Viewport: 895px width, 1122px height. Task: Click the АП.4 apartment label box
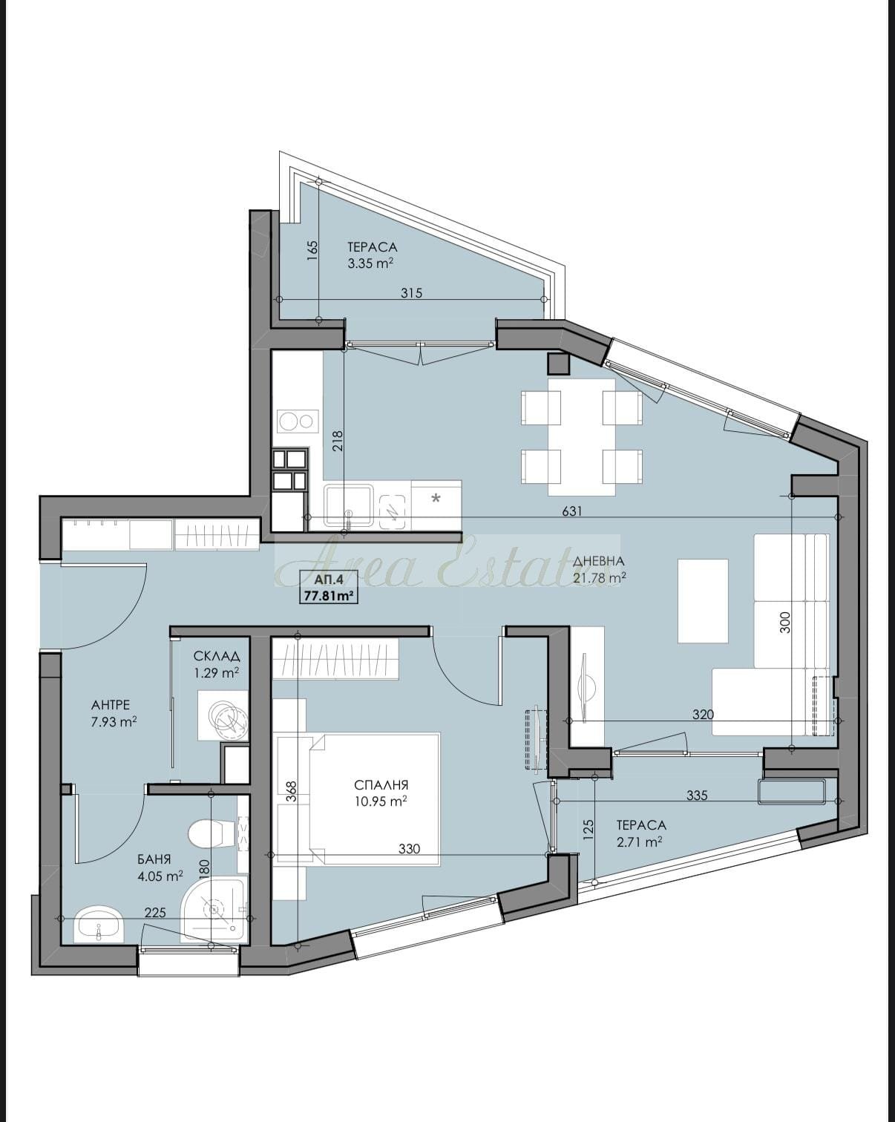pyautogui.click(x=329, y=587)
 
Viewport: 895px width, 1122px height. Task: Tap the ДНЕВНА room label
pyautogui.click(x=598, y=562)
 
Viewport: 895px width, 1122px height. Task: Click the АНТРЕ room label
pyautogui.click(x=111, y=706)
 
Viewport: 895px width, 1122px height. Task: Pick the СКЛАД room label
pyautogui.click(x=217, y=656)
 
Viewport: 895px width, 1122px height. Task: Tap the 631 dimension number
pyautogui.click(x=571, y=511)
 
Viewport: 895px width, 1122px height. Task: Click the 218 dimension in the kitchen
pyautogui.click(x=338, y=441)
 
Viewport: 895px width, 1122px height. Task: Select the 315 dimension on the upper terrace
pyautogui.click(x=412, y=293)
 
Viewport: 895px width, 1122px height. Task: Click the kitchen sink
pyautogui.click(x=348, y=505)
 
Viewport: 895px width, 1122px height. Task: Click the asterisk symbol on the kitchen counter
pyautogui.click(x=436, y=499)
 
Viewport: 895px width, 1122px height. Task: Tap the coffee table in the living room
pyautogui.click(x=703, y=600)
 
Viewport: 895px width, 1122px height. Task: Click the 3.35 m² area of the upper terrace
pyautogui.click(x=370, y=263)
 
